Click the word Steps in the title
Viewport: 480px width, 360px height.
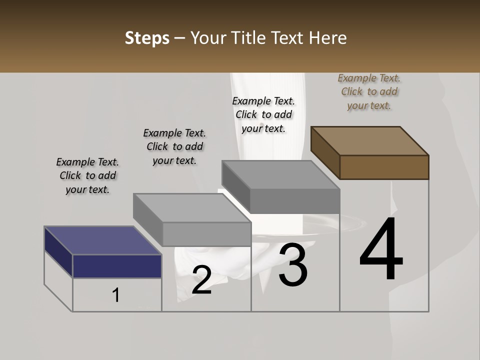tap(147, 38)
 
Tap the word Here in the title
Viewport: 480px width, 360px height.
tap(328, 38)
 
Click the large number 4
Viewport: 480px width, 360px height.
tap(381, 250)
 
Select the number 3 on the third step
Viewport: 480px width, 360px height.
tap(293, 265)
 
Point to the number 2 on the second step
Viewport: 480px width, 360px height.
tap(201, 280)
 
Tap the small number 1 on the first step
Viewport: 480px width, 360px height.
tap(116, 295)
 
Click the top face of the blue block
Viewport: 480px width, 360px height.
tap(102, 240)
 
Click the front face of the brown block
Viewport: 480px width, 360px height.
tap(384, 167)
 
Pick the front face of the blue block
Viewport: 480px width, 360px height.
tap(117, 266)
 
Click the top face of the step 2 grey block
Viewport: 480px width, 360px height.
tap(191, 207)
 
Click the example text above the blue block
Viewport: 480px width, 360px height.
tap(87, 175)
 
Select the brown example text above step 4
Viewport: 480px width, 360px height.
tap(369, 91)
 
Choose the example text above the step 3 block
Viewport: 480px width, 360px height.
tap(263, 114)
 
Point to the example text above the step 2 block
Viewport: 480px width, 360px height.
tap(174, 146)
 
